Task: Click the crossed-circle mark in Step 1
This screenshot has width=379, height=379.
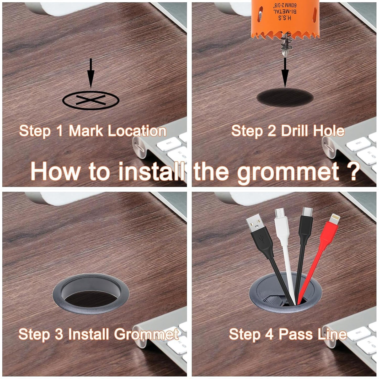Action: click(x=91, y=100)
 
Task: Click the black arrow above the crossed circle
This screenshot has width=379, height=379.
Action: click(x=91, y=73)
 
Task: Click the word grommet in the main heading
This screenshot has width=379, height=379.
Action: click(x=288, y=172)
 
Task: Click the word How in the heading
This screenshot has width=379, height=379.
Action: click(x=55, y=172)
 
